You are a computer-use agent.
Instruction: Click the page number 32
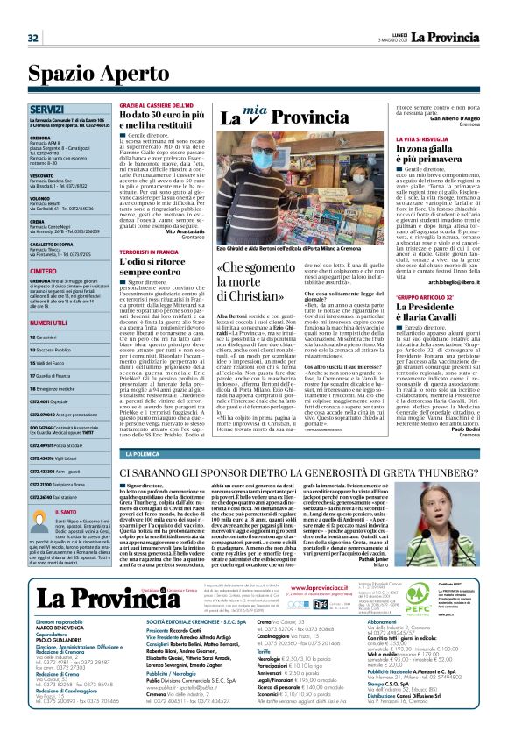(x=33, y=38)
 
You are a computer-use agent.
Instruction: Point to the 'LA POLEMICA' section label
(x=141, y=454)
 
